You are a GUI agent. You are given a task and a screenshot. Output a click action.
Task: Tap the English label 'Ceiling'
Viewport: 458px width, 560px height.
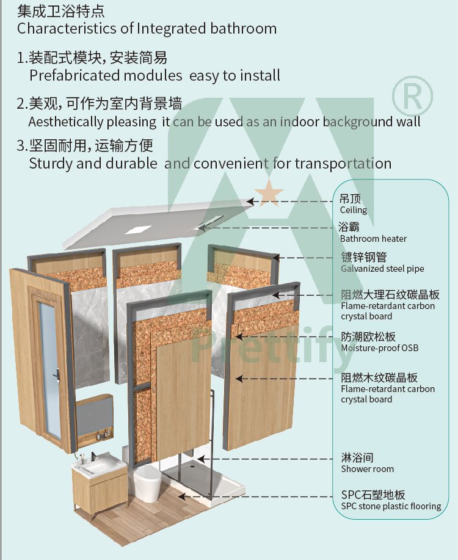(x=354, y=210)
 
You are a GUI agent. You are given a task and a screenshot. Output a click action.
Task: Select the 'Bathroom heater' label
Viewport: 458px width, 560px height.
(x=373, y=239)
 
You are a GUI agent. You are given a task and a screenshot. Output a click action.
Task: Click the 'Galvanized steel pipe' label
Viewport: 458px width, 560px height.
(x=382, y=269)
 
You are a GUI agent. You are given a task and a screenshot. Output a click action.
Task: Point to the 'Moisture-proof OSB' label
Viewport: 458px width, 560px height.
(x=379, y=348)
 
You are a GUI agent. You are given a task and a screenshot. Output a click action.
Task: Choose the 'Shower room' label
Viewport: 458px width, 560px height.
(x=367, y=469)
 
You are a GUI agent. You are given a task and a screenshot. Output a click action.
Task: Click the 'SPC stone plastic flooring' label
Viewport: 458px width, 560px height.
(x=391, y=506)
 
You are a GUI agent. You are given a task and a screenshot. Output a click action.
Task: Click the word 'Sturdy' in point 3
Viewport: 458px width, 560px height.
(x=50, y=164)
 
